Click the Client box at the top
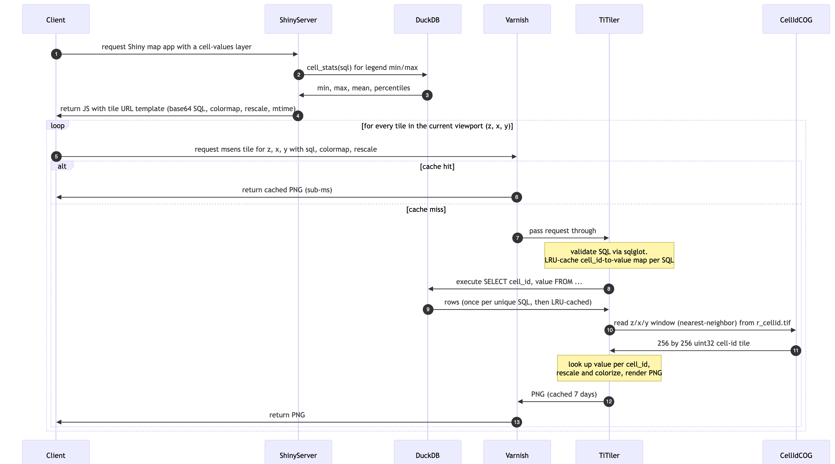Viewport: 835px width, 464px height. pos(56,19)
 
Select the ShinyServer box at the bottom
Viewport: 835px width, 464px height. pos(298,452)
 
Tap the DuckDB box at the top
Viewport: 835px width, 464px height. pos(428,19)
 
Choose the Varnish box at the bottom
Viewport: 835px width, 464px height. pos(517,452)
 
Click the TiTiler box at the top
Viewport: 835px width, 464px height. pos(609,19)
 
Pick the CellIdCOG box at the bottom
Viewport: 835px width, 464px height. pos(796,452)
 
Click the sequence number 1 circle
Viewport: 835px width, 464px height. pos(56,54)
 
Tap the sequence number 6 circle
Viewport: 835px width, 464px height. pos(517,197)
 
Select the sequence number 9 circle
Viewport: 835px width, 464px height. pos(428,309)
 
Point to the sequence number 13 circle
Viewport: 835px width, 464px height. pos(517,422)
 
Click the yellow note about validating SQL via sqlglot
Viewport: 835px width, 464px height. pos(609,255)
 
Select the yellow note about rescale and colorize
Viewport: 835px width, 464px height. pos(609,368)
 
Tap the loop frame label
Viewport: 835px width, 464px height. pos(58,125)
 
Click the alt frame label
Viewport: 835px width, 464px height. pos(62,166)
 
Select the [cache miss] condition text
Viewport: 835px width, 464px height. pos(426,209)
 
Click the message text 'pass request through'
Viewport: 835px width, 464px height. pos(563,231)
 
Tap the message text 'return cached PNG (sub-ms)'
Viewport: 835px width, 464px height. pos(287,190)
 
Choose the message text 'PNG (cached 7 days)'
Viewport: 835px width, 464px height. pos(564,394)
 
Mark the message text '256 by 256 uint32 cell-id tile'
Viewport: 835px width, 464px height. pos(703,343)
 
